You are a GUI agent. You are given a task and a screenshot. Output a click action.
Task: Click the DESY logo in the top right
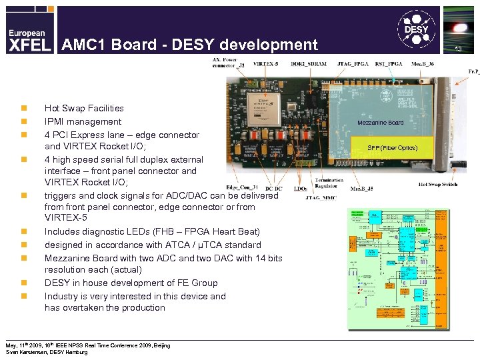[x=417, y=31]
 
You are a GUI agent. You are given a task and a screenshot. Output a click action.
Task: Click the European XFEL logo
[x=28, y=41]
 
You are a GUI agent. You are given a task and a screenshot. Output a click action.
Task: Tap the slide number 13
[x=458, y=50]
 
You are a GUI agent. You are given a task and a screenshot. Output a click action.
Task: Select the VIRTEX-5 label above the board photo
[x=266, y=63]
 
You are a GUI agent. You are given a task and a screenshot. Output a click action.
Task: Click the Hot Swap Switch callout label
[x=438, y=184]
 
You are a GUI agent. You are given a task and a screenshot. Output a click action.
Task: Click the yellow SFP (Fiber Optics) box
[x=392, y=147]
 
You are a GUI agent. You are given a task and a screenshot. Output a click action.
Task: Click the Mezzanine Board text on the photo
[x=380, y=123]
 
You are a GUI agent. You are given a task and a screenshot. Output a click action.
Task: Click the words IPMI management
[x=83, y=121]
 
